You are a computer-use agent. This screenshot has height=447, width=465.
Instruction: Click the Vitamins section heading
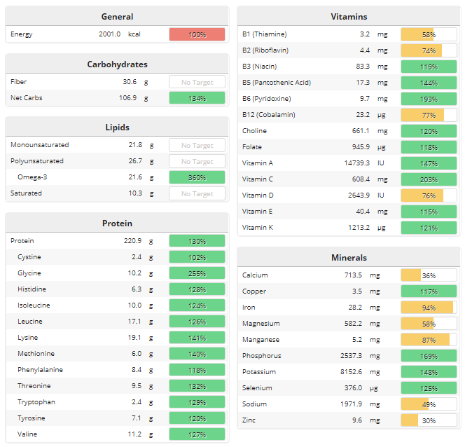pyautogui.click(x=348, y=17)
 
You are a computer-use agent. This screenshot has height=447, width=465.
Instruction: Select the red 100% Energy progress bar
pyautogui.click(x=197, y=34)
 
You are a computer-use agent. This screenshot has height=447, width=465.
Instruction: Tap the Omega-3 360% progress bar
pyautogui.click(x=197, y=177)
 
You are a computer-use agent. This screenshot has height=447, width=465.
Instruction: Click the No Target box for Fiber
pyautogui.click(x=197, y=82)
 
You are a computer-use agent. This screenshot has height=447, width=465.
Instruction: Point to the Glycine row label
pyautogui.click(x=29, y=273)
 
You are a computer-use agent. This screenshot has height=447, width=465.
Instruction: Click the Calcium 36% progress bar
pyautogui.click(x=429, y=275)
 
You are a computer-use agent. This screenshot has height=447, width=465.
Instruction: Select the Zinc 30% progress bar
pyautogui.click(x=429, y=420)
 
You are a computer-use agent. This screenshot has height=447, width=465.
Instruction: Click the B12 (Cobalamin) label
pyautogui.click(x=269, y=115)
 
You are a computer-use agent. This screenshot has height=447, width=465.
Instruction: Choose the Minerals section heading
pyautogui.click(x=348, y=258)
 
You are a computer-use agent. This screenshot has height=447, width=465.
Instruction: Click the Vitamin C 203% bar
pyautogui.click(x=429, y=179)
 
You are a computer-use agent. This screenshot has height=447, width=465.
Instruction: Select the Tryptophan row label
pyautogui.click(x=36, y=402)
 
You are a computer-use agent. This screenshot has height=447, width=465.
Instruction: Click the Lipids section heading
pyautogui.click(x=117, y=128)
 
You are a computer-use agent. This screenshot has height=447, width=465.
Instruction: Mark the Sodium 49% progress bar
pyautogui.click(x=429, y=404)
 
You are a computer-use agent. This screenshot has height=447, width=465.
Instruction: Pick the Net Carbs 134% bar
pyautogui.click(x=197, y=98)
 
